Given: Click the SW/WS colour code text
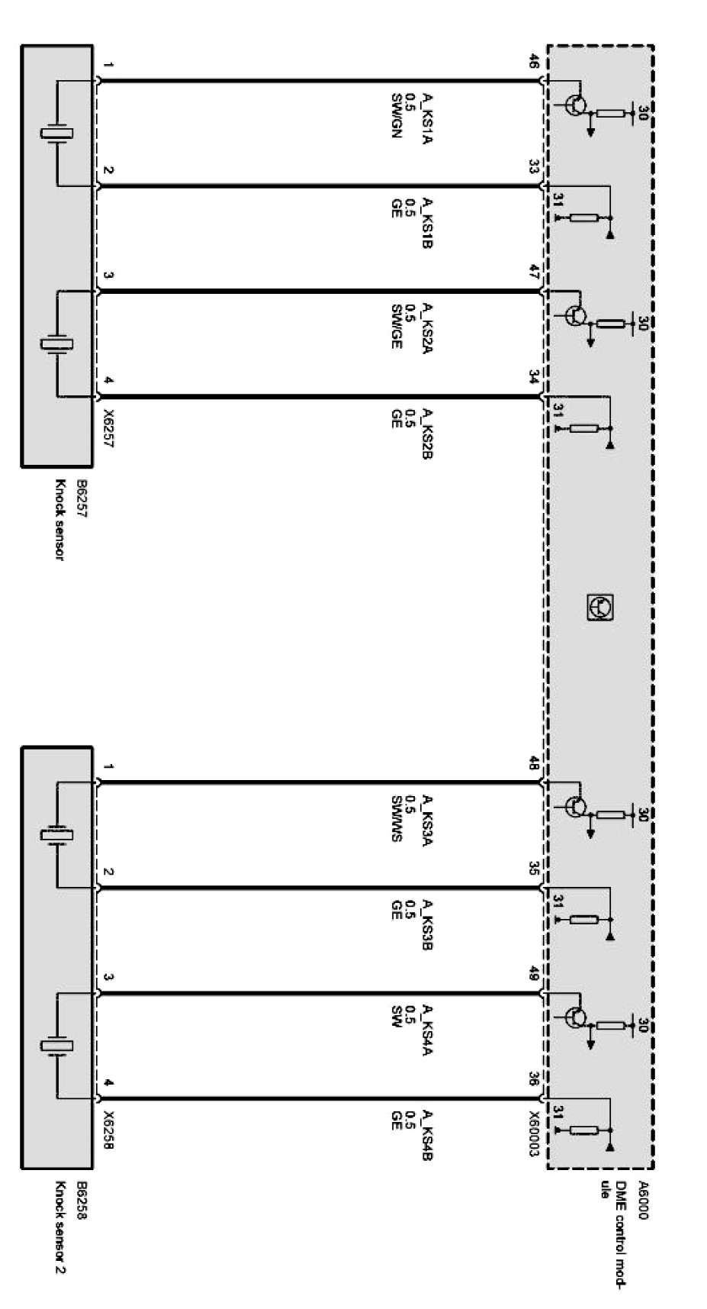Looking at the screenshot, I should click(397, 818).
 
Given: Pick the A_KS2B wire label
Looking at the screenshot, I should click(427, 433).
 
